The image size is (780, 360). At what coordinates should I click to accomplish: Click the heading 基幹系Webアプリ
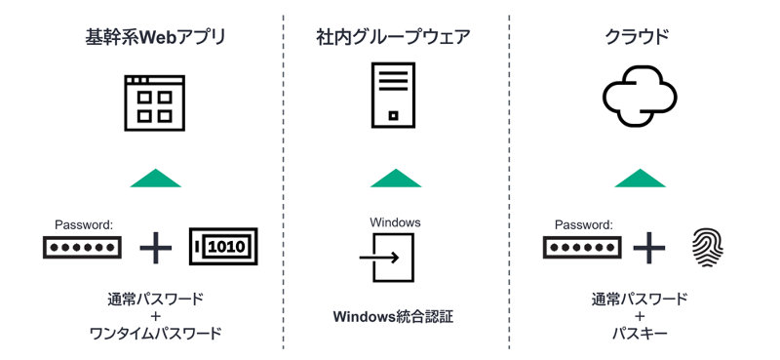point(155,39)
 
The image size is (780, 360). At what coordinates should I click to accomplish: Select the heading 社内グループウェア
point(394,39)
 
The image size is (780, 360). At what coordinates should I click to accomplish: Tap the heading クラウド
point(640,39)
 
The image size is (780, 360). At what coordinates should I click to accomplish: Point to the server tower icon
point(394,94)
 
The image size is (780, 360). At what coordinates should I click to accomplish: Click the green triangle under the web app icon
point(155,179)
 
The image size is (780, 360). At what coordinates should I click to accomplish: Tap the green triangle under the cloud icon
point(640,179)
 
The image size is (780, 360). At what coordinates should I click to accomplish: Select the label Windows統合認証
point(394,316)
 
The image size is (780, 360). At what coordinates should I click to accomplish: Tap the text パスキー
point(640,334)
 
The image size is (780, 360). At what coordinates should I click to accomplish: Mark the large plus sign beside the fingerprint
point(647,248)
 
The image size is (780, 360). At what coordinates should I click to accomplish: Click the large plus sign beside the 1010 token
point(155,248)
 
